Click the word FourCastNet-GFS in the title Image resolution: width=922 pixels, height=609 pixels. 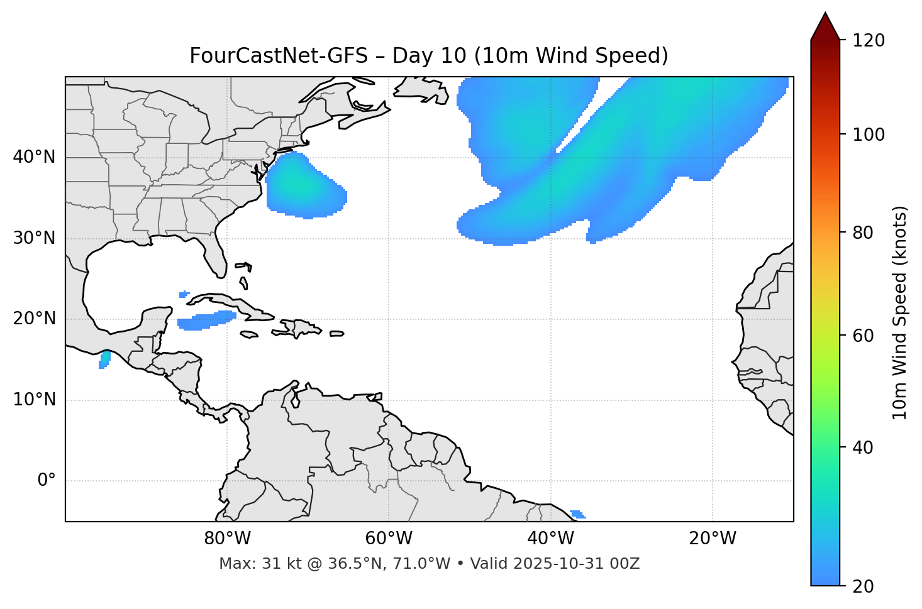(x=278, y=56)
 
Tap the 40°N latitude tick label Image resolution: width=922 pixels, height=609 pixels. (x=34, y=157)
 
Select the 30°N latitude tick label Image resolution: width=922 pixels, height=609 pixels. (x=34, y=238)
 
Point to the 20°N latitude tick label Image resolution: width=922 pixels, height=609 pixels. (x=34, y=319)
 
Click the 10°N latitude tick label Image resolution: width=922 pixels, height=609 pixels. (x=34, y=400)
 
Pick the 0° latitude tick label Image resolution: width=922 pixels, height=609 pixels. (x=47, y=481)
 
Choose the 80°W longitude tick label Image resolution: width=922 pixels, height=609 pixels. (x=227, y=539)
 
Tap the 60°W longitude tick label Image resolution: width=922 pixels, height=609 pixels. (x=389, y=539)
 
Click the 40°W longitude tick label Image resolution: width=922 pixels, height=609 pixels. (x=550, y=539)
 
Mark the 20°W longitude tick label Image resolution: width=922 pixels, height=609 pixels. (x=712, y=539)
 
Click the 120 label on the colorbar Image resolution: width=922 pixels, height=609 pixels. (x=869, y=40)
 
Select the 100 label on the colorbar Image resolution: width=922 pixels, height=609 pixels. (x=869, y=134)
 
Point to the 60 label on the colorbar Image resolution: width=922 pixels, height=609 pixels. (x=864, y=336)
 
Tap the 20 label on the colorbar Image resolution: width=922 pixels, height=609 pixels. (x=864, y=586)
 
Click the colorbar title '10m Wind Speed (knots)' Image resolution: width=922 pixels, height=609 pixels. (x=900, y=312)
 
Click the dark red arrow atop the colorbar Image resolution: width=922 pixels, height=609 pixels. (x=825, y=27)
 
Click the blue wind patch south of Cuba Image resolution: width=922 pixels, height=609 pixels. (x=206, y=321)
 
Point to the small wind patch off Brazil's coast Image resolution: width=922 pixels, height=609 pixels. (x=577, y=514)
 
